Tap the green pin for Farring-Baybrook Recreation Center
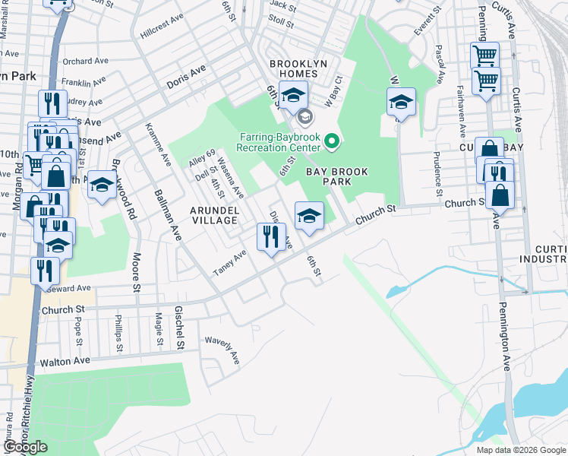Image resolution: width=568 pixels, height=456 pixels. tap(331, 141)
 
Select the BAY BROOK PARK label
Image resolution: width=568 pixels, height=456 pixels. tap(339, 177)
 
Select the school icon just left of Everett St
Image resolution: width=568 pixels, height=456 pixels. tap(401, 102)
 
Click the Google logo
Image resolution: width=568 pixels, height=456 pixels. tap(25, 447)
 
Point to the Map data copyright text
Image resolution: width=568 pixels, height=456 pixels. tap(520, 450)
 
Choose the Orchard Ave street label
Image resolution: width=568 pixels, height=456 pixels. tap(87, 62)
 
